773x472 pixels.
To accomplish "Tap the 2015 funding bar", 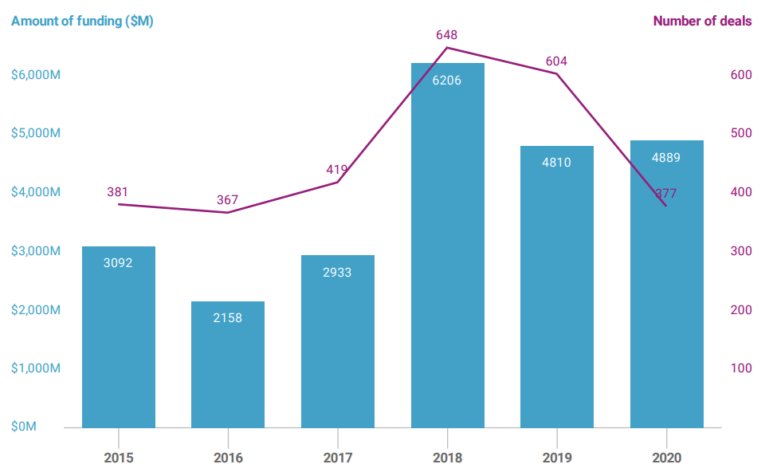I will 119,343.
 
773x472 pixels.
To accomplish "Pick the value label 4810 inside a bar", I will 556,163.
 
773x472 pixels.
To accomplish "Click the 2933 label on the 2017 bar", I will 337,272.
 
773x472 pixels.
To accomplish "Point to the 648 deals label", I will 447,35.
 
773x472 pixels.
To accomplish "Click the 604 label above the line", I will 556,61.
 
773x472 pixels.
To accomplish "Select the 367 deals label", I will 227,199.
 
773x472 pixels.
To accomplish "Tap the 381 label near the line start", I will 117,191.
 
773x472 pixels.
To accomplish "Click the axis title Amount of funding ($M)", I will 82,22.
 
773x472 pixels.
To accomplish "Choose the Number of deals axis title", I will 702,22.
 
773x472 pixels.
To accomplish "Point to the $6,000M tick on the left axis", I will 36,75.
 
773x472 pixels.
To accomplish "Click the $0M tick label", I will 24,427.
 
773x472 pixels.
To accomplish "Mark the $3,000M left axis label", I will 36,251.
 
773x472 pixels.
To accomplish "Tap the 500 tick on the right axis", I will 741,133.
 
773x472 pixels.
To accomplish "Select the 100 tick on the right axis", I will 741,368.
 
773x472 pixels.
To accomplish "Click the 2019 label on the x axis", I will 556,458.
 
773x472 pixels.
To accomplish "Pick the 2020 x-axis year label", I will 666,458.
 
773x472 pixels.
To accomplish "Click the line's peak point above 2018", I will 447,48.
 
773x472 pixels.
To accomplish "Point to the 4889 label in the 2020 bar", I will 666,157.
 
